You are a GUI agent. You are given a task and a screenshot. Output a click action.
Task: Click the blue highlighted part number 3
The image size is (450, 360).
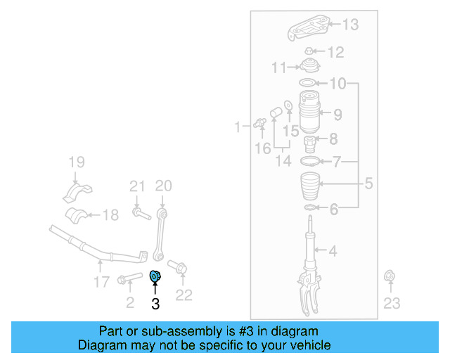coord(157,275)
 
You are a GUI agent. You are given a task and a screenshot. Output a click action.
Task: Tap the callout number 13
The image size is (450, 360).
coord(350,25)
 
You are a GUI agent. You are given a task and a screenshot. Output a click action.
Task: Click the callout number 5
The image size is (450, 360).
coord(368,185)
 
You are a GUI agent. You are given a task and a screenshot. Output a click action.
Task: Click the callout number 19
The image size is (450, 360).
coord(76,164)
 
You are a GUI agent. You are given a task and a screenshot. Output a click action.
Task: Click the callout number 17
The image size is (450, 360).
coord(102,282)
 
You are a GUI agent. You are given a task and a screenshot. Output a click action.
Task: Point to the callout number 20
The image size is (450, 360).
coord(163,186)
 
